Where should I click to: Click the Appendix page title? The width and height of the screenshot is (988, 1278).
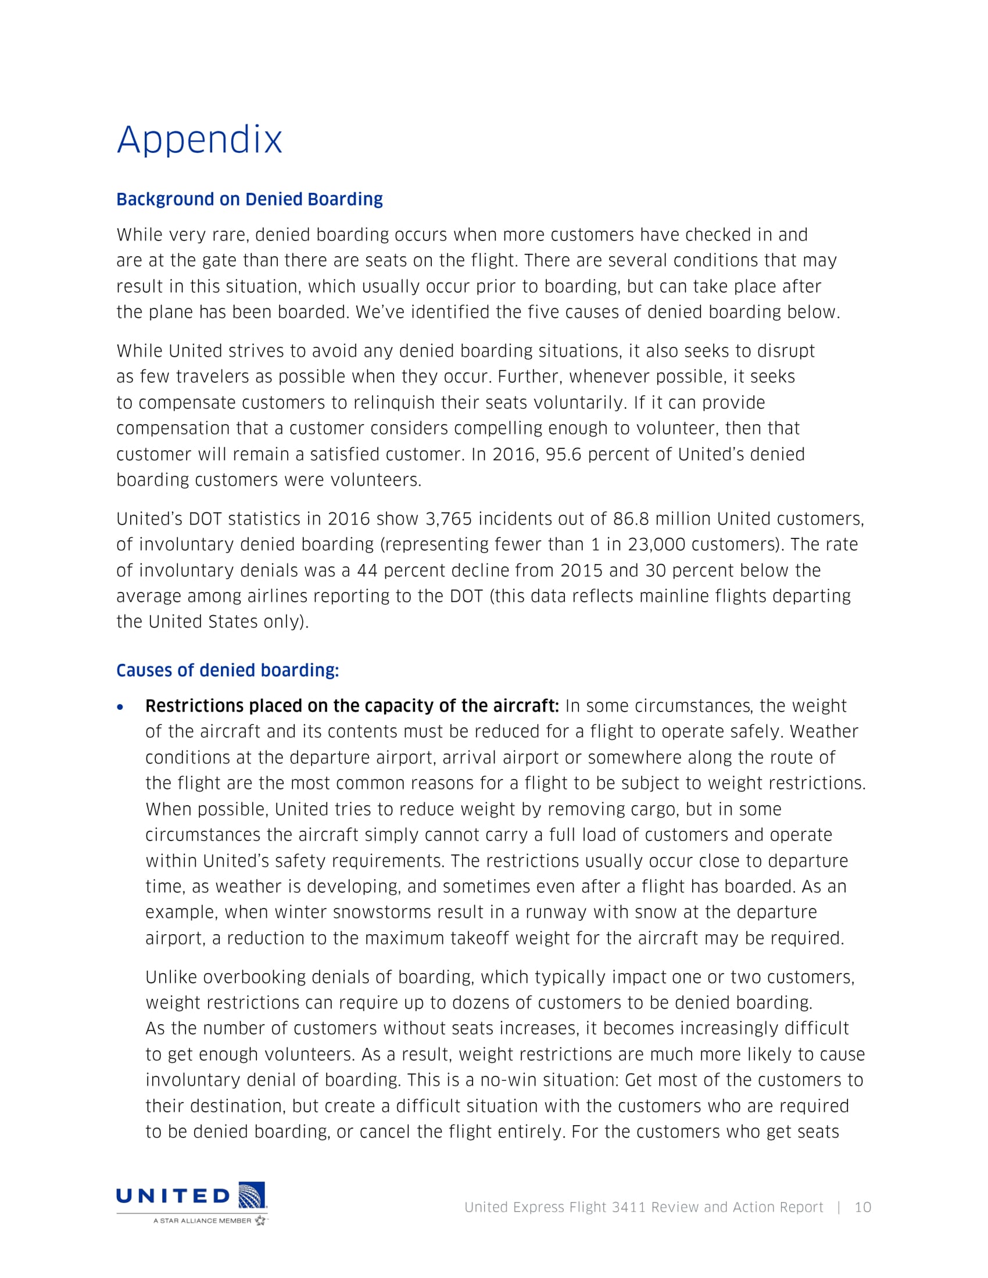click(199, 140)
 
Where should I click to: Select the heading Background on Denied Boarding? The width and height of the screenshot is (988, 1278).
click(249, 199)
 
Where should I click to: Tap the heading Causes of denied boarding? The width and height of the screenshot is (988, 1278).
click(228, 670)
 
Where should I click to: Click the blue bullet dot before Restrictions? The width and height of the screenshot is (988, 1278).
click(120, 708)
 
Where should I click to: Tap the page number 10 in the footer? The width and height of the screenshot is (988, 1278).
click(862, 1207)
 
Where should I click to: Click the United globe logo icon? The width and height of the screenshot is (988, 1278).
click(252, 1195)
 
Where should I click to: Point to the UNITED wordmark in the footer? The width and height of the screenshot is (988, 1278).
click(173, 1196)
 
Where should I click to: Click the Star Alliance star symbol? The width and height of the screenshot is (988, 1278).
click(260, 1220)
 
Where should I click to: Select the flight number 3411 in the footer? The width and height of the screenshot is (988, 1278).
click(629, 1207)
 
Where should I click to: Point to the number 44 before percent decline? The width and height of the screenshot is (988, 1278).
click(367, 570)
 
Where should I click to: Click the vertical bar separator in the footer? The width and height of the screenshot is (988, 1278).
click(839, 1207)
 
